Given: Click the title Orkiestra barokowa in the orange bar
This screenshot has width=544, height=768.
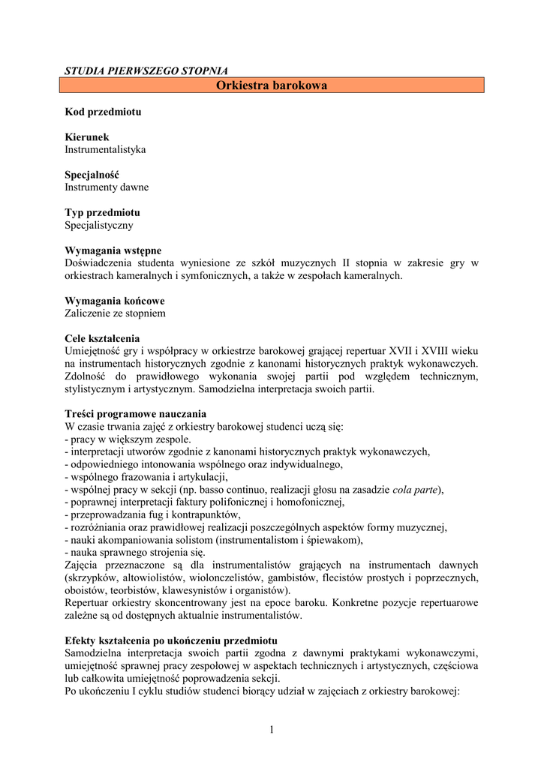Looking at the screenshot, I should click(x=272, y=85).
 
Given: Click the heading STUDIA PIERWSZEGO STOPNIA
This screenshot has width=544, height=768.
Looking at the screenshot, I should click(x=146, y=71).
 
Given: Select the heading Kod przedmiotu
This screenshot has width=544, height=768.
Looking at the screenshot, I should click(x=103, y=112).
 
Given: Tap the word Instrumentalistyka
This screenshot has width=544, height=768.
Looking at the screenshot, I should click(x=105, y=150).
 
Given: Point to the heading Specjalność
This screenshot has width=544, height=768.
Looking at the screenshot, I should click(x=92, y=175).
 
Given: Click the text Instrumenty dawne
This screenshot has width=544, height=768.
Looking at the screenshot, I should click(x=107, y=187).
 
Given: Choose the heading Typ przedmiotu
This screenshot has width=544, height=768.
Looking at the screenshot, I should click(x=102, y=212).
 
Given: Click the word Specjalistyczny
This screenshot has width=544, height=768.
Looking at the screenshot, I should click(x=99, y=225).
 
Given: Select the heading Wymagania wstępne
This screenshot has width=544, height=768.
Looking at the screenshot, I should click(x=113, y=250).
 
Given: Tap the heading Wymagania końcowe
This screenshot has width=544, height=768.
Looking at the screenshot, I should click(x=115, y=301).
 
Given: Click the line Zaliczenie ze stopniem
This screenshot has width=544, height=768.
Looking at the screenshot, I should click(x=115, y=313).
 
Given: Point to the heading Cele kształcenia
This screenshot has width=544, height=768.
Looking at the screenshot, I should click(x=102, y=338).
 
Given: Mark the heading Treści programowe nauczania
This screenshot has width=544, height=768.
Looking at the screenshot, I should click(x=135, y=414).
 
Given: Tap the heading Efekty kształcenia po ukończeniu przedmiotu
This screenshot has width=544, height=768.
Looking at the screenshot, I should click(x=171, y=641).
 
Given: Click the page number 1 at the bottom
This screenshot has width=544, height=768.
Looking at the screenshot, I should click(x=272, y=730).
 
